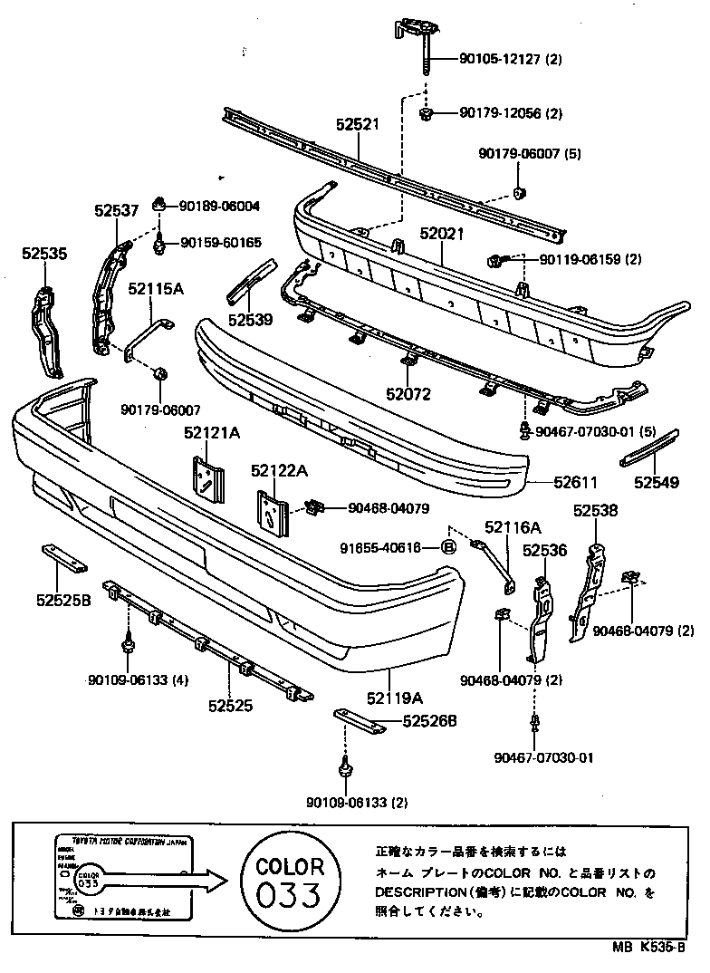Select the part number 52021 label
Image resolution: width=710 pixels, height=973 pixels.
pyautogui.click(x=441, y=233)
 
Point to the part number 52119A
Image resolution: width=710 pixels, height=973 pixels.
pyautogui.click(x=395, y=698)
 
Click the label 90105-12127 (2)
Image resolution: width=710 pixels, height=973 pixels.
pyautogui.click(x=511, y=61)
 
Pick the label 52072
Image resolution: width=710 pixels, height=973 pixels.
pyautogui.click(x=408, y=394)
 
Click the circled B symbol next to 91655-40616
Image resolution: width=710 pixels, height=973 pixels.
pyautogui.click(x=447, y=546)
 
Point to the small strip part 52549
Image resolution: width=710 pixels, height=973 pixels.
pyautogui.click(x=648, y=447)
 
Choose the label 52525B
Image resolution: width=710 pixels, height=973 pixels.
pyautogui.click(x=62, y=599)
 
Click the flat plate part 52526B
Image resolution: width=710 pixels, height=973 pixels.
pyautogui.click(x=355, y=719)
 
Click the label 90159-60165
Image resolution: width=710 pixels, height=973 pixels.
pyautogui.click(x=220, y=243)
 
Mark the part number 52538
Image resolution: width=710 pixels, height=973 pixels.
pyautogui.click(x=595, y=511)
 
